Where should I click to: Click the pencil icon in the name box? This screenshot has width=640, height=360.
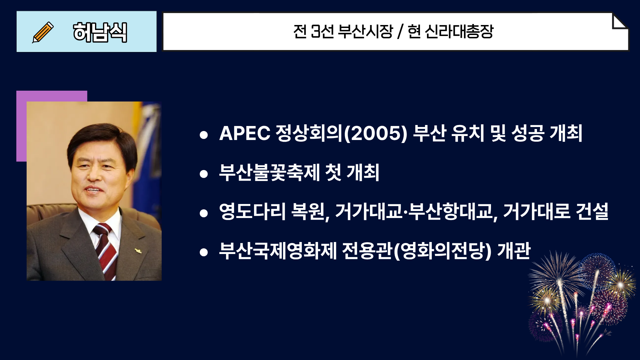[x=43, y=32]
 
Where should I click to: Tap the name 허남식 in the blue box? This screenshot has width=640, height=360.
[x=100, y=32]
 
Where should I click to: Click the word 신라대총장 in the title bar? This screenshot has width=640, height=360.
[x=459, y=32]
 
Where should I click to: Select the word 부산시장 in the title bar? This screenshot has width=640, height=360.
[x=366, y=32]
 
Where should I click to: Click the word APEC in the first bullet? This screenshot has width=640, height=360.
[x=245, y=133]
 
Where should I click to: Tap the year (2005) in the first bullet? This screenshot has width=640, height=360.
[x=376, y=133]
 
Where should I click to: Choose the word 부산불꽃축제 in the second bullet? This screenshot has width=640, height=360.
[x=269, y=172]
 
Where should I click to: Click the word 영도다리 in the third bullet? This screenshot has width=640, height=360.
[x=252, y=211]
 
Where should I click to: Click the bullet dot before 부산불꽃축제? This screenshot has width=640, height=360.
[x=204, y=174]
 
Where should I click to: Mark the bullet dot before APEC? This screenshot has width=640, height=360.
[x=204, y=135]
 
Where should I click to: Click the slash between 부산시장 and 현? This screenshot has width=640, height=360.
[x=400, y=32]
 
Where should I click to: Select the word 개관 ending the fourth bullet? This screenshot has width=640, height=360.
[x=514, y=250]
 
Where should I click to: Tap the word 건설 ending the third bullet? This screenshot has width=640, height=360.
[x=592, y=211]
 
